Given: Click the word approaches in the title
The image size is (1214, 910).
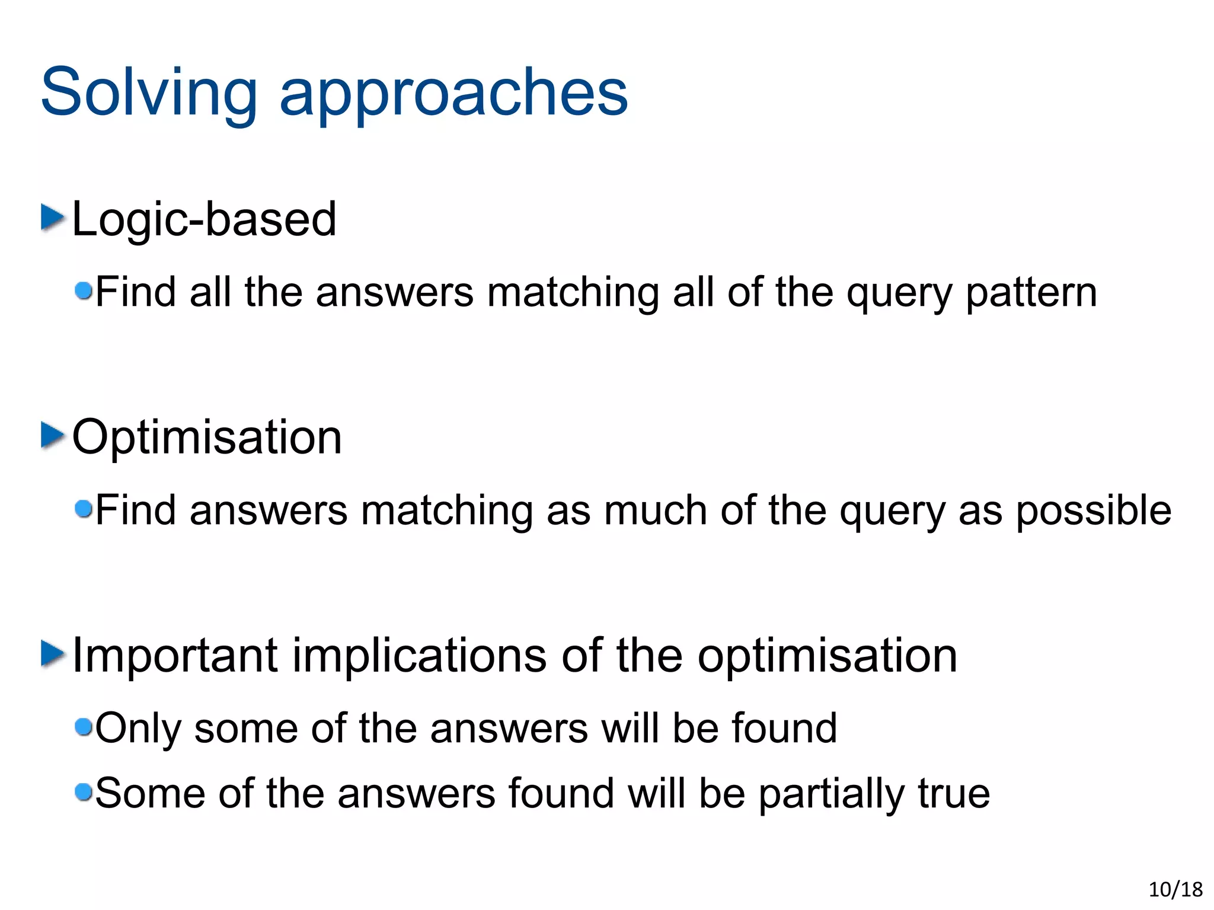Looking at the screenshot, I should (x=453, y=95).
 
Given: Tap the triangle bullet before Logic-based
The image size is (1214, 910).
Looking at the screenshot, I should (x=52, y=218).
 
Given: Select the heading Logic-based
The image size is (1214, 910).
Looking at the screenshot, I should (x=204, y=219).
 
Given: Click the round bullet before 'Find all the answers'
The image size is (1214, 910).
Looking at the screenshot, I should (x=84, y=290).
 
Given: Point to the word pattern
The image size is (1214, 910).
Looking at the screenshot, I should (x=1031, y=293).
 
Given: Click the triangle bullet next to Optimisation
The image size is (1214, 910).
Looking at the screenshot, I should (x=52, y=436).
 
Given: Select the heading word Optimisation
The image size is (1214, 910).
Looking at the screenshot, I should (x=207, y=438).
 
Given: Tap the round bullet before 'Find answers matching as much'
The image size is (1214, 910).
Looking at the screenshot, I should (x=84, y=508).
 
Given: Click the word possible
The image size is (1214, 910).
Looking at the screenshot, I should (x=1094, y=511).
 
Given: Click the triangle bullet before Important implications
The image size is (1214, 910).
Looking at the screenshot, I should (x=52, y=654).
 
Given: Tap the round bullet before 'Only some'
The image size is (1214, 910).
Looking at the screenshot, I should (x=84, y=726).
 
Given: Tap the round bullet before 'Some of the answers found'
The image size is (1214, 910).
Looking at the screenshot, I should (x=84, y=791).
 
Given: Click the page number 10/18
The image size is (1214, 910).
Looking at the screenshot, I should (x=1175, y=889).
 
